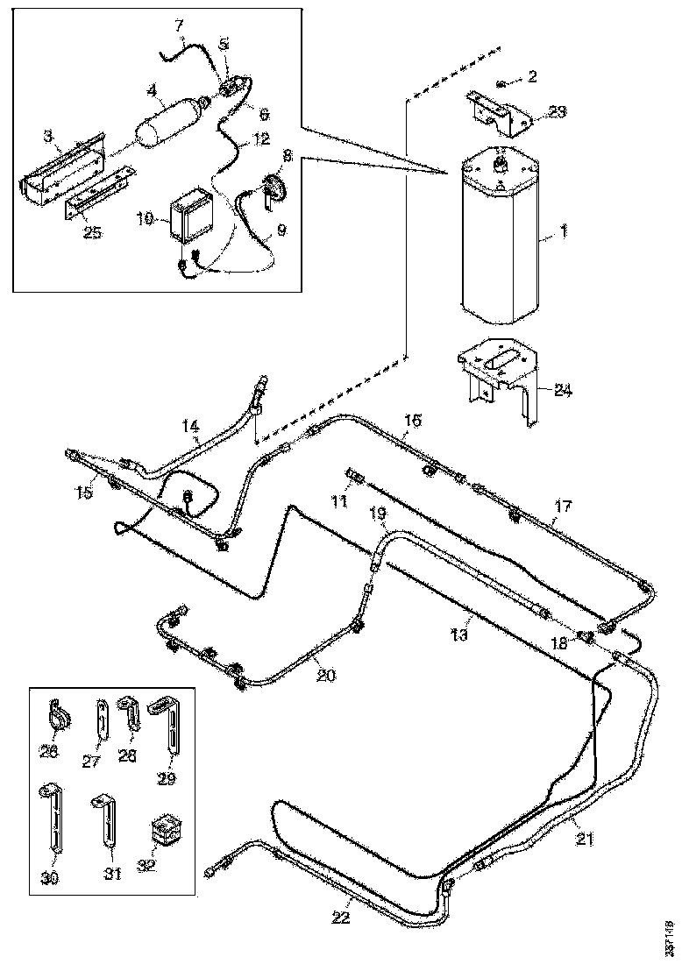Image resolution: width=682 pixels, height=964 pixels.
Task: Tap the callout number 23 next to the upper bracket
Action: pyautogui.click(x=558, y=111)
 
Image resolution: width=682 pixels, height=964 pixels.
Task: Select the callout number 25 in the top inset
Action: pyautogui.click(x=92, y=231)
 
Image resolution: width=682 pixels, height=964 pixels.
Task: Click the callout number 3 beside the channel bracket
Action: pyautogui.click(x=49, y=136)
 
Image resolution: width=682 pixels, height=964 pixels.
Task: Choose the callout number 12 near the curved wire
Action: pyautogui.click(x=261, y=138)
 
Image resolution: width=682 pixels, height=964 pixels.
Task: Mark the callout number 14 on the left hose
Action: pyautogui.click(x=191, y=427)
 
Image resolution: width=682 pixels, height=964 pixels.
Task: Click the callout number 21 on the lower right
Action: pyautogui.click(x=586, y=839)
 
